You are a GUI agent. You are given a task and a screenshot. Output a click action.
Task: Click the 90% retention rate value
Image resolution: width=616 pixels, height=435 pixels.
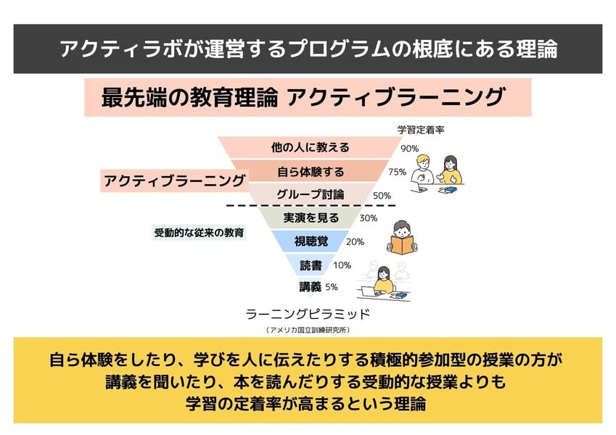pos(410,149)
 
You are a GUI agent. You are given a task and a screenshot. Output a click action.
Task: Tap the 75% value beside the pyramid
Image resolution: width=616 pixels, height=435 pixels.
pos(397,173)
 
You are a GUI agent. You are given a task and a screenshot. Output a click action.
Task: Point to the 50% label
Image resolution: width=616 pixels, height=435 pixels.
pos(382,196)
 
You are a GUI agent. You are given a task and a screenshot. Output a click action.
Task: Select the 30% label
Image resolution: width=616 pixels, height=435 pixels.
pos(369,218)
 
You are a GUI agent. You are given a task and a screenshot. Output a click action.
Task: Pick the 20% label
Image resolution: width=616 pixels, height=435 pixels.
pos(355,242)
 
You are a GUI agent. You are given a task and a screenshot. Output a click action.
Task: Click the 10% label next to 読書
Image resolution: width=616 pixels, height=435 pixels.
pos(342,265)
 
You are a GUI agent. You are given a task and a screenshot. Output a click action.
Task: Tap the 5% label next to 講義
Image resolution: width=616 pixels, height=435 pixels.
pos(331,286)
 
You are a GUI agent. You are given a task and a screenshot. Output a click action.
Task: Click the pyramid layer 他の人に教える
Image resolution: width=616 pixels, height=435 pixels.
pos(310,148)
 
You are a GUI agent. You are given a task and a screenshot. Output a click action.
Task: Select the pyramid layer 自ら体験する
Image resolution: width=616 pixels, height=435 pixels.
pos(310,173)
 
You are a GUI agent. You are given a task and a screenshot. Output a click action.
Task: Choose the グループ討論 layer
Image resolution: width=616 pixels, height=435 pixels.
pos(310,195)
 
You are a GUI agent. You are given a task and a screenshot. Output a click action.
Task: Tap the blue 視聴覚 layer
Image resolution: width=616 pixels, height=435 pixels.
pos(311,241)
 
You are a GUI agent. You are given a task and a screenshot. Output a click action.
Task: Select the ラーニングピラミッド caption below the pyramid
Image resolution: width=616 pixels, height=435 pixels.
pos(308,314)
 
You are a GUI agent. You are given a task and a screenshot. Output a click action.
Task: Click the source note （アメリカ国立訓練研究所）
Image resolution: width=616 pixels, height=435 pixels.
pos(308,330)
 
